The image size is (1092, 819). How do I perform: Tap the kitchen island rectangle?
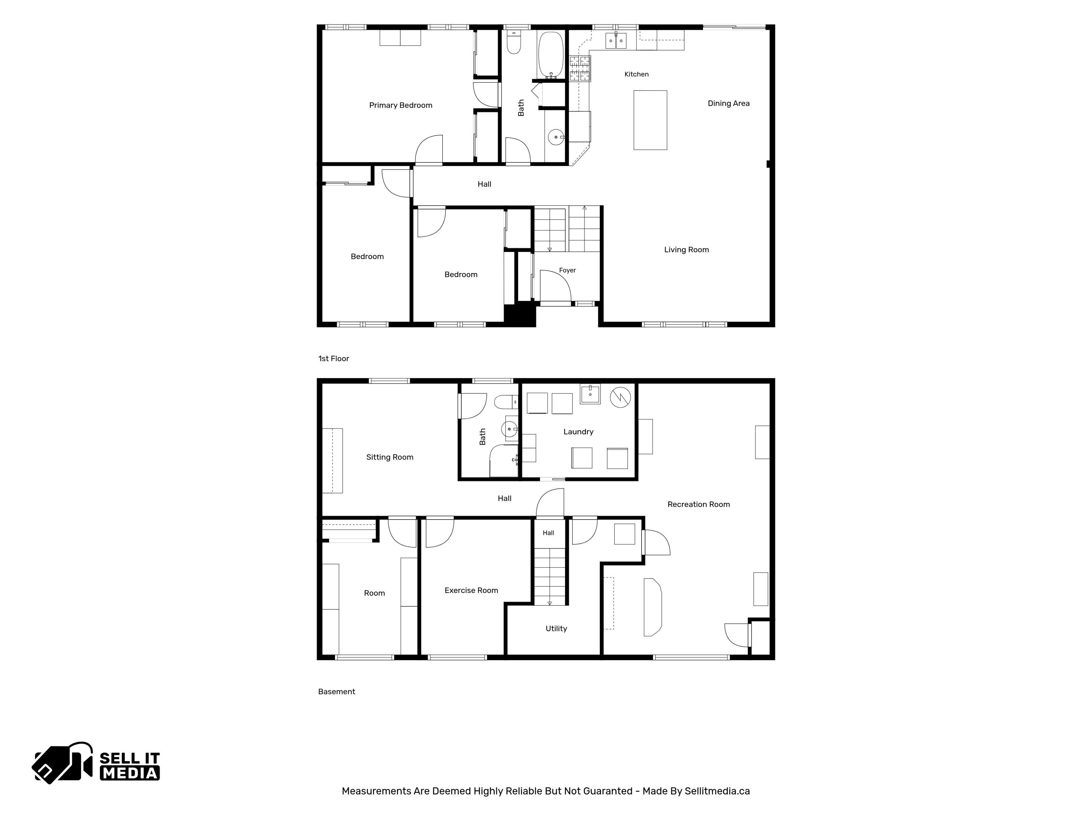[x=650, y=120]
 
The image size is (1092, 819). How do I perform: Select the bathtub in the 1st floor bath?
[x=551, y=55]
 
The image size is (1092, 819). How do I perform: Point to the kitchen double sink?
[x=616, y=40]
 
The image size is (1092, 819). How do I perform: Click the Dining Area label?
[x=729, y=103]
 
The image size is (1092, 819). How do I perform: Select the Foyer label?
[x=567, y=270]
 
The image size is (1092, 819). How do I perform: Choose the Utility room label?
[x=556, y=628]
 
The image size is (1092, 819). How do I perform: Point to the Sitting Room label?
[x=390, y=457]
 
